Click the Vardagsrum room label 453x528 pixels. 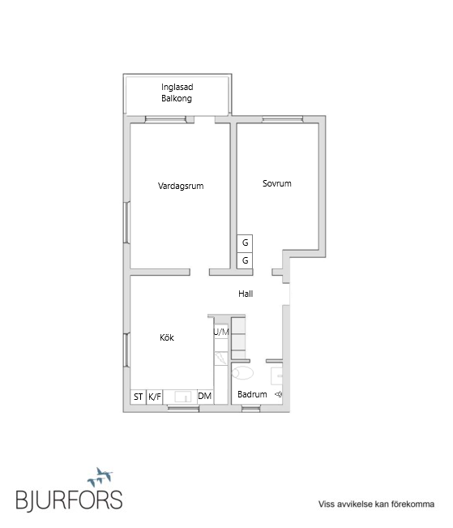click(180, 186)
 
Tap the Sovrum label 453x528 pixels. click(276, 183)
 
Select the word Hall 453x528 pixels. click(246, 294)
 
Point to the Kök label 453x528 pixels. click(165, 337)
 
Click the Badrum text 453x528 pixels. click(252, 395)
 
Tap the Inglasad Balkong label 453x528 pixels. click(177, 92)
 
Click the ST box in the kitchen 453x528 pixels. click(139, 397)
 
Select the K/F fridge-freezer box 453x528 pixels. click(155, 397)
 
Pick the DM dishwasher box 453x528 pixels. click(205, 396)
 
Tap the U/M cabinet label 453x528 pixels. click(221, 332)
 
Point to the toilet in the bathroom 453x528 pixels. click(241, 373)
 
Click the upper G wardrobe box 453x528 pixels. click(245, 243)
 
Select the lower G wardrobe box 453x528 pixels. click(245, 260)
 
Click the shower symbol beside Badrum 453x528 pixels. click(278, 395)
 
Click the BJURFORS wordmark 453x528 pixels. click(69, 498)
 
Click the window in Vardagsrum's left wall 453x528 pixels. click(127, 222)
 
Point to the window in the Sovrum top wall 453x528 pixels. click(281, 120)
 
